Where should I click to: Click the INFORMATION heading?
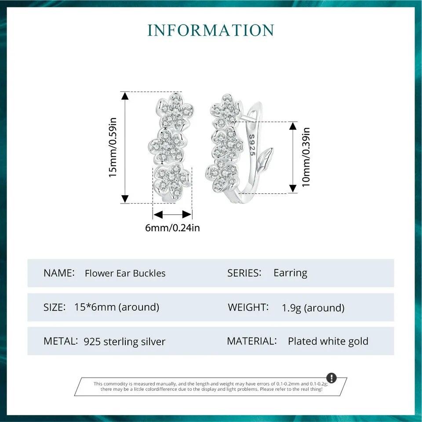(211, 30)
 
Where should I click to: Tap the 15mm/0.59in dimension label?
(113, 147)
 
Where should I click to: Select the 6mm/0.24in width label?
(172, 228)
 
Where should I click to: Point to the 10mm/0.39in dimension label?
(306, 157)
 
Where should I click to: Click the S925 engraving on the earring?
(252, 145)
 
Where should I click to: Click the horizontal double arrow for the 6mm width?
(172, 215)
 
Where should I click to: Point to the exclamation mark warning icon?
(331, 378)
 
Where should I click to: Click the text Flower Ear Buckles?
(125, 273)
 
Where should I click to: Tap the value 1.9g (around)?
(313, 308)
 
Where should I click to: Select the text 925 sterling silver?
(124, 342)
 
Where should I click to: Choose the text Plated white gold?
(328, 341)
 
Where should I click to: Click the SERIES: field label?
(244, 273)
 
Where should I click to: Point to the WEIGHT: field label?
(248, 307)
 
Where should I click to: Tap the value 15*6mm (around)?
(117, 307)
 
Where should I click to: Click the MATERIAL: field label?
(252, 341)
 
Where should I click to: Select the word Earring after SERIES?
(291, 273)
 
